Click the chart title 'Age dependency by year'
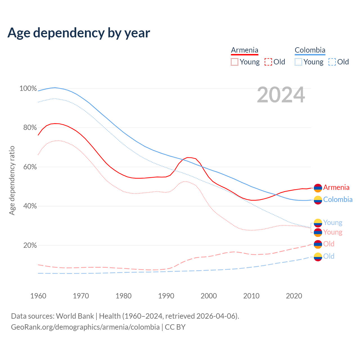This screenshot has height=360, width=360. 79,33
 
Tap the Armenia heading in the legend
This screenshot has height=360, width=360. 244,50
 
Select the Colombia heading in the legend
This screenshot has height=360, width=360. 310,50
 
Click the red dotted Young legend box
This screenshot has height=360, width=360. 235,62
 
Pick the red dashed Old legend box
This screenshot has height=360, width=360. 268,62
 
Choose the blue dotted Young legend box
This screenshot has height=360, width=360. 298,62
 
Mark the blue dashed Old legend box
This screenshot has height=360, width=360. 332,62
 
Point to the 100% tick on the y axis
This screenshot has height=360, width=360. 28,88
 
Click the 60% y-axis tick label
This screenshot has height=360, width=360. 30,167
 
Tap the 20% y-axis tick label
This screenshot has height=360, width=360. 30,245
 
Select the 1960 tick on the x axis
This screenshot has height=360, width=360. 38,296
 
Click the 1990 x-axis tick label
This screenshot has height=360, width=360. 166,296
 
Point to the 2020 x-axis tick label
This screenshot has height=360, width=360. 294,296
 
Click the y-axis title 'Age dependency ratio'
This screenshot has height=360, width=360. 12,180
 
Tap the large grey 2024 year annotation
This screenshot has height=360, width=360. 281,95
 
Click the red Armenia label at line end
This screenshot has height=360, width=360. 336,187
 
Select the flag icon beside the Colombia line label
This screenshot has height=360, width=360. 318,200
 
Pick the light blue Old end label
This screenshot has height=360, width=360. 329,256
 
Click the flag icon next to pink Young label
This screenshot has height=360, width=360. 318,232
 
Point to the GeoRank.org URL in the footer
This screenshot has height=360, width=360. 85,327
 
